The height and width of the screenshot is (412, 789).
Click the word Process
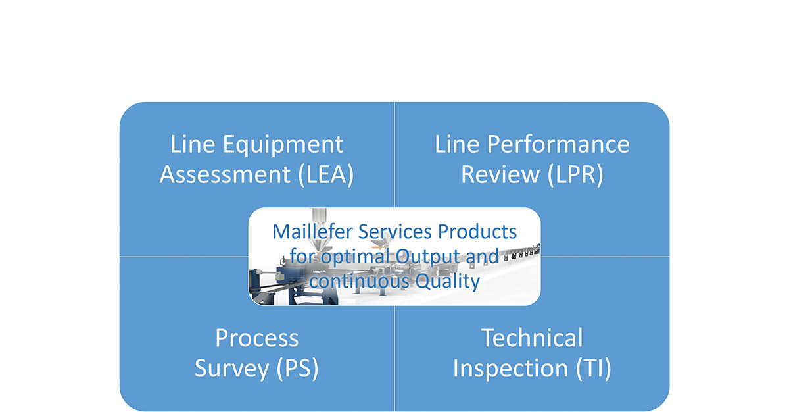tap(256, 338)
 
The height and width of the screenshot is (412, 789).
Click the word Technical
tap(532, 338)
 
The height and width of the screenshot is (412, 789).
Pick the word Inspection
tap(509, 369)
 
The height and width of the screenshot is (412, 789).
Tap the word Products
tap(479, 232)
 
